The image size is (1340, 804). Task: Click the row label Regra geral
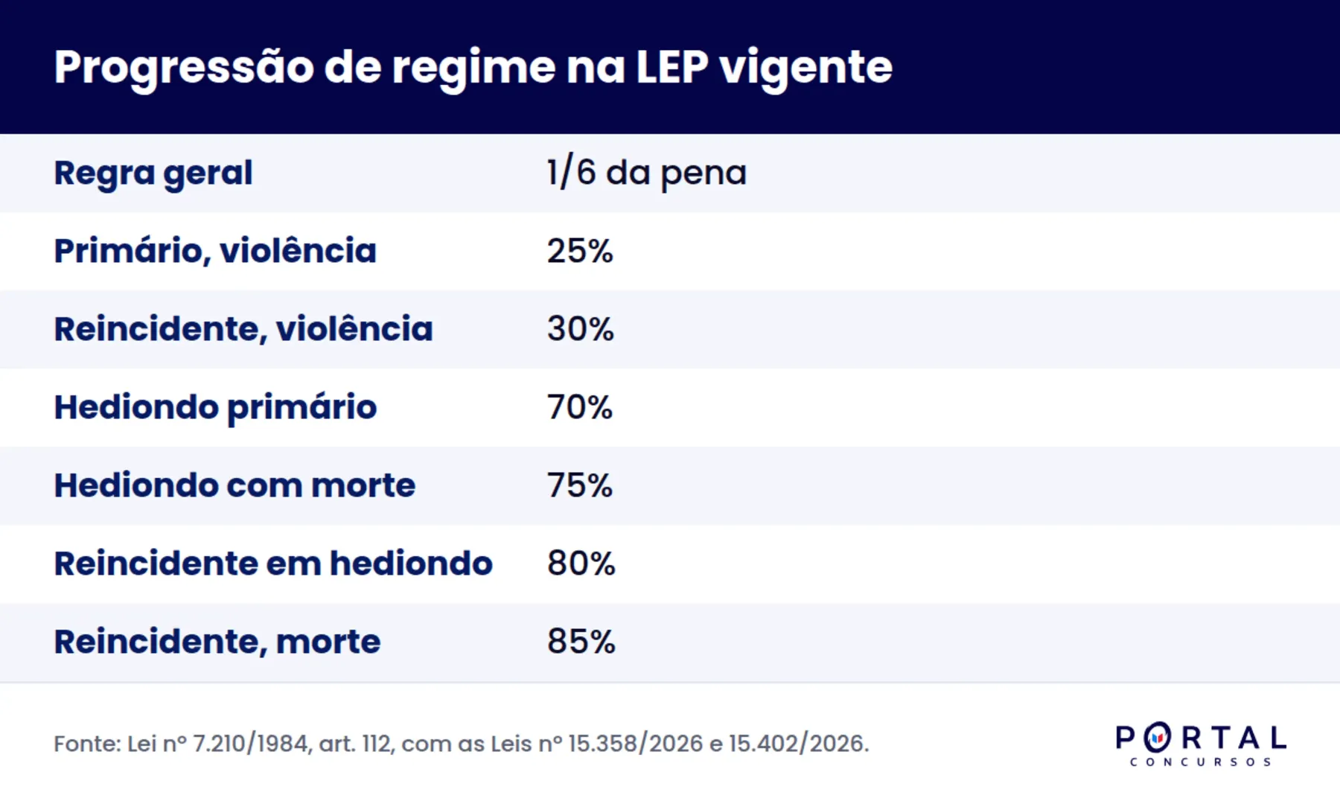[153, 173]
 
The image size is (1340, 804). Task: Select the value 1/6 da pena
[646, 173]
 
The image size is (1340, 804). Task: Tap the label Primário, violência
[215, 251]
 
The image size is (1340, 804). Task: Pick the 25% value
[580, 251]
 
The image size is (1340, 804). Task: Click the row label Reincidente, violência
[243, 329]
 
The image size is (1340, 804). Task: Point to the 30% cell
[581, 329]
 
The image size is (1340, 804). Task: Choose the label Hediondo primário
[216, 408]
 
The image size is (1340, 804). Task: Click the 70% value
[580, 407]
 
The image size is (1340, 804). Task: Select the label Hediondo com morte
[234, 485]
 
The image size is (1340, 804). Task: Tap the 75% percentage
[580, 485]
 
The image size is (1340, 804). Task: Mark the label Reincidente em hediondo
[273, 564]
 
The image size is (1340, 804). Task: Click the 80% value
[581, 564]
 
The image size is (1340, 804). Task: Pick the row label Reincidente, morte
[217, 642]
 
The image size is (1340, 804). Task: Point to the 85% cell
[581, 642]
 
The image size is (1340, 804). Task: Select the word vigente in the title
[806, 68]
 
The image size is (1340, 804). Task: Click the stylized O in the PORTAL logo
[1157, 738]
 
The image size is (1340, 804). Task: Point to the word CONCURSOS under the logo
[1201, 762]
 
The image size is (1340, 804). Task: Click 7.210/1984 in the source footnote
[250, 744]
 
